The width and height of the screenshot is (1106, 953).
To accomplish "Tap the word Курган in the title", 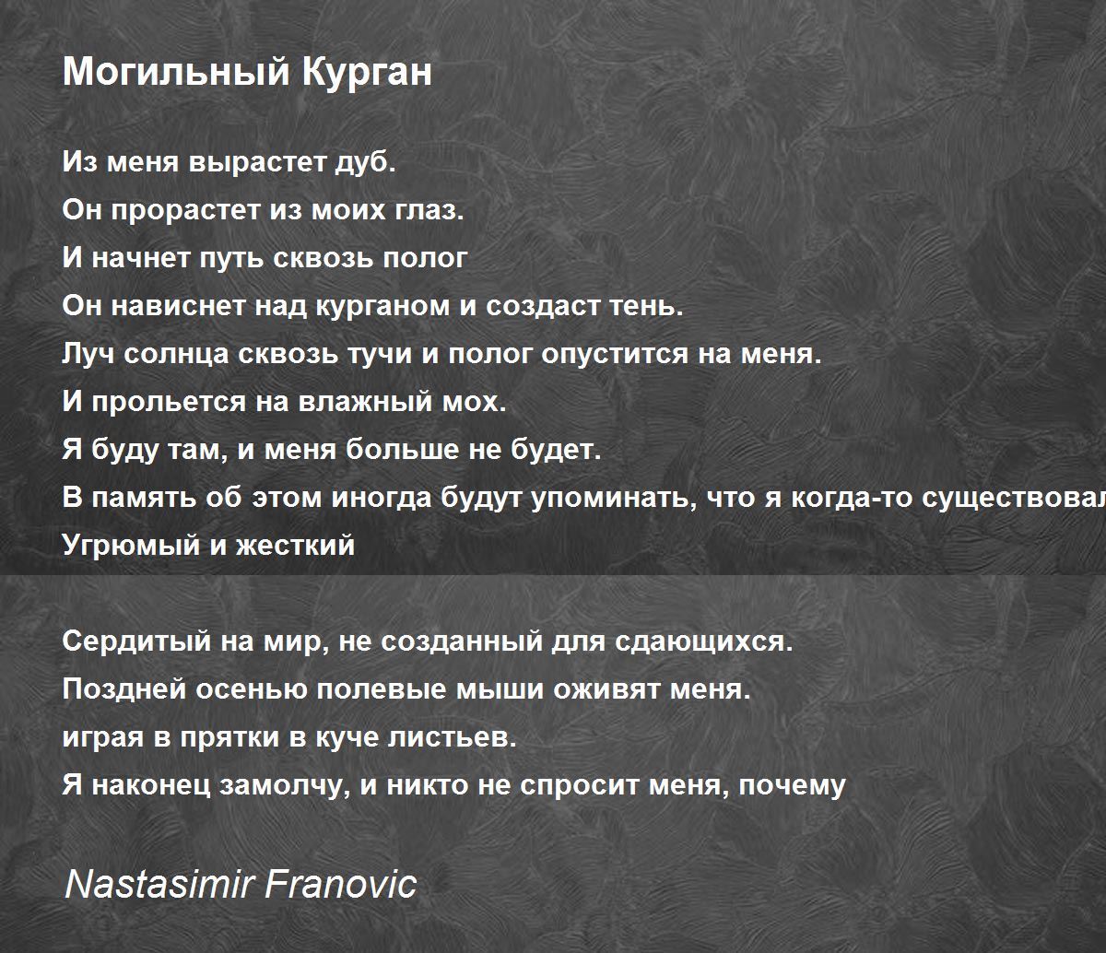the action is point(368,72).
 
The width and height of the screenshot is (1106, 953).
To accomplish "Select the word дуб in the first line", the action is point(365,161).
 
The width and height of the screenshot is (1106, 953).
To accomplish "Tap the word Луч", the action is point(88,354).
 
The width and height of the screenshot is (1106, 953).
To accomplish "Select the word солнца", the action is point(177,355).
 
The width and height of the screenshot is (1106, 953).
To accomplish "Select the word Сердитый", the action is point(137,641).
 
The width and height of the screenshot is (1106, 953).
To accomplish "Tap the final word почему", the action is point(792,785).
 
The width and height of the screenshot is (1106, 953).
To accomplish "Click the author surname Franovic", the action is point(341,884).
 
